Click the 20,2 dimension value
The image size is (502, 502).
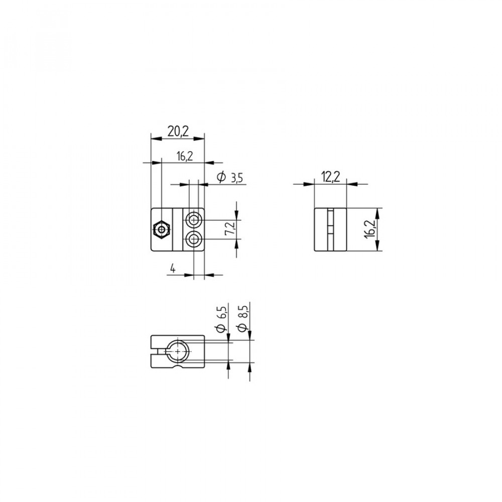(x=178, y=132)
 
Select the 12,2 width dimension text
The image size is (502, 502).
(x=331, y=177)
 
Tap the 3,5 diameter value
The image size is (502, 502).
(x=237, y=178)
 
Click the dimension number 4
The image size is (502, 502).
(x=173, y=269)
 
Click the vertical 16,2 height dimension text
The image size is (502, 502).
(x=369, y=229)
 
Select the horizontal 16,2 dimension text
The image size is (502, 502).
(x=185, y=156)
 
